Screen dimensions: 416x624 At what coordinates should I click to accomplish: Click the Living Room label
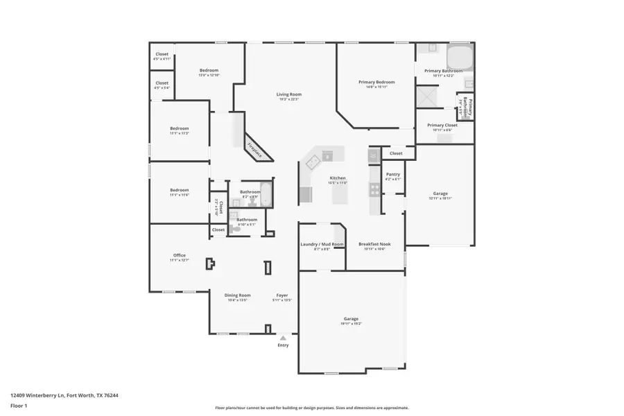pos(288,94)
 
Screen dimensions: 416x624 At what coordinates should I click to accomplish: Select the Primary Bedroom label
pos(376,83)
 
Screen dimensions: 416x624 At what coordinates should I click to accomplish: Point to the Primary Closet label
pos(442,125)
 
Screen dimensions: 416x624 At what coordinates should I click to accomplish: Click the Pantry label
pos(392,175)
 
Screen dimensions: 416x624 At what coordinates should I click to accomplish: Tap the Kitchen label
pos(337,178)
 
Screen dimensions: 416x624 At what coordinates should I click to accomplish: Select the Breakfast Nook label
pos(374,244)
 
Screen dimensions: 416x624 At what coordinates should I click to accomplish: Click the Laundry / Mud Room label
pos(322,244)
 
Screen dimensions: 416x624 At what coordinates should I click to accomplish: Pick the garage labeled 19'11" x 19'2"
pos(351,320)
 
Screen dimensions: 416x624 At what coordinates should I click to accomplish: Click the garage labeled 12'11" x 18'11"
pos(440,194)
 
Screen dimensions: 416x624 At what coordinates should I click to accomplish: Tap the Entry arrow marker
pos(283,338)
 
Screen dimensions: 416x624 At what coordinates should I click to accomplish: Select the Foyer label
pos(282,295)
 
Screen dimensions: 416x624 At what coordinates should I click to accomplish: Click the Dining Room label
pos(237,295)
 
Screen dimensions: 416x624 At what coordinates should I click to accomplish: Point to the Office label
pos(179,255)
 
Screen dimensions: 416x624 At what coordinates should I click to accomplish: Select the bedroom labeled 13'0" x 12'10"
pos(209,71)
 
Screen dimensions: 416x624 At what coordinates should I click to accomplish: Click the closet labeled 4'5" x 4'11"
pos(162,54)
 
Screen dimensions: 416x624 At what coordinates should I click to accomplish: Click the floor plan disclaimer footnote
pos(311,408)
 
